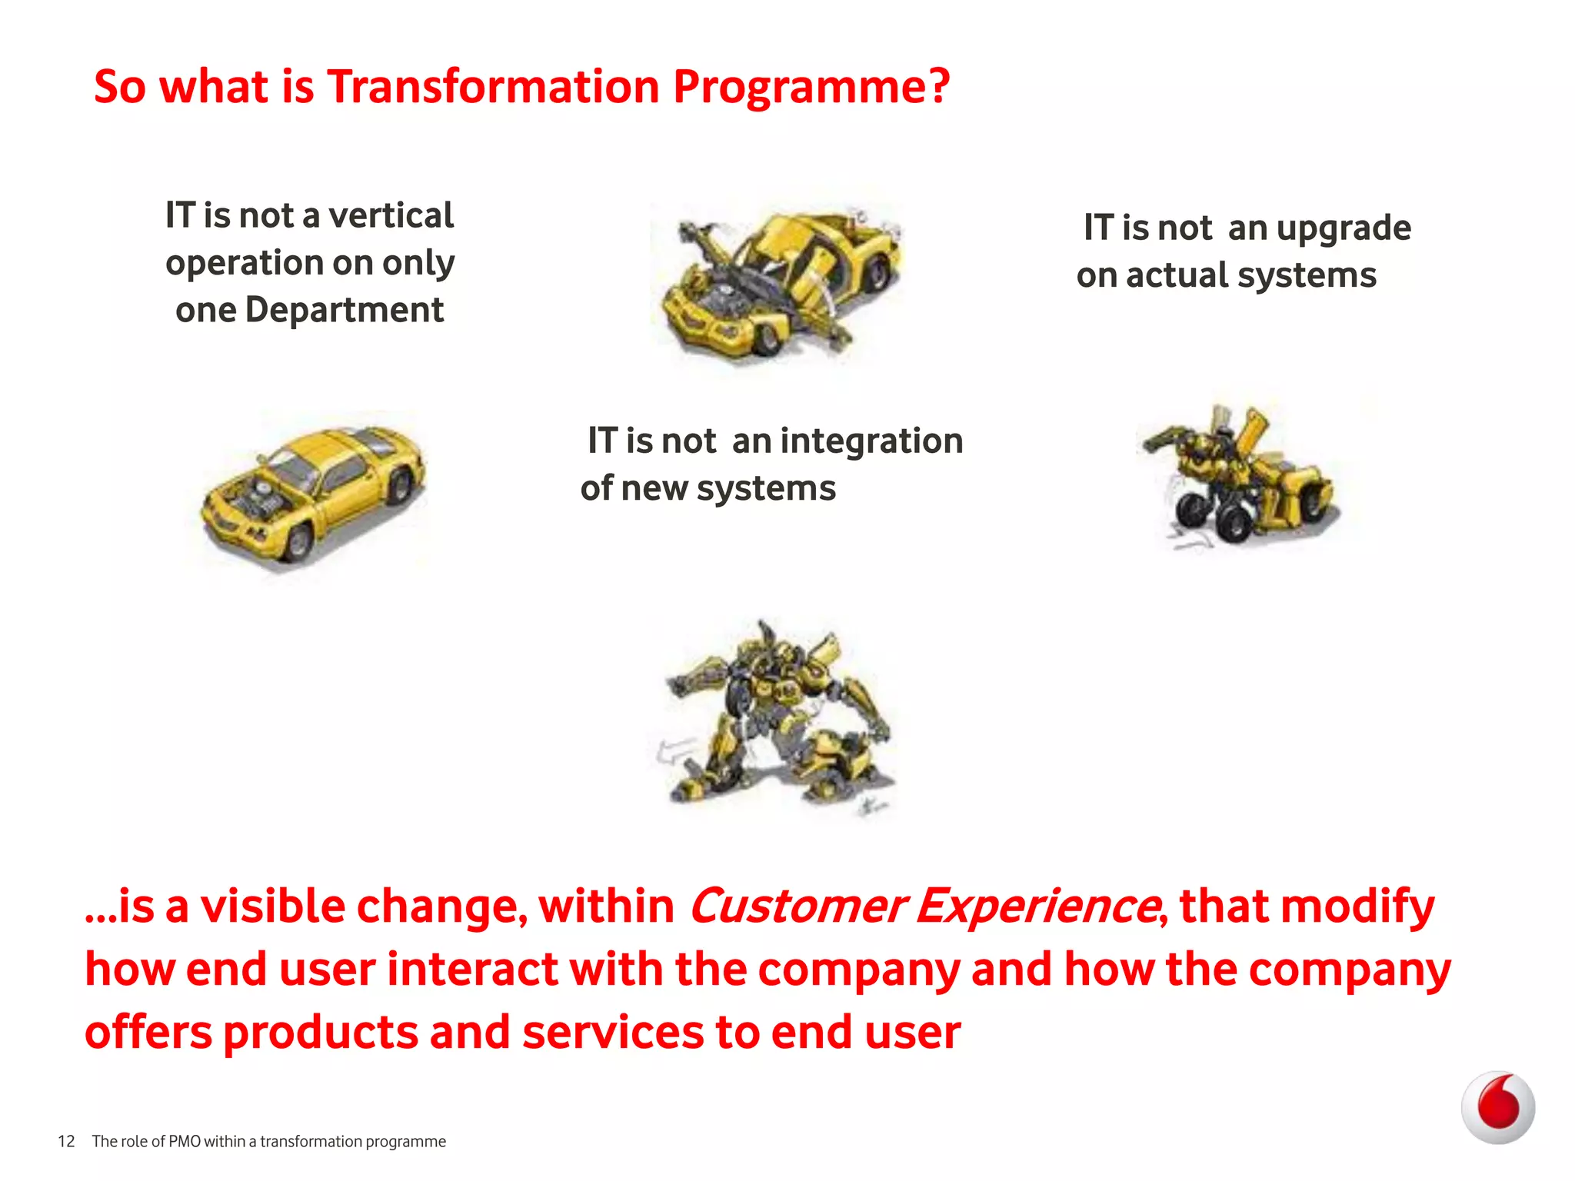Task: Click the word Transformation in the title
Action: point(493,86)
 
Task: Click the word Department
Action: point(344,310)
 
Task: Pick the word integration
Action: point(871,441)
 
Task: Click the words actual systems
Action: point(1251,275)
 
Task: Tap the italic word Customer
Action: point(797,906)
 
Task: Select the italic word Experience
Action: point(1038,906)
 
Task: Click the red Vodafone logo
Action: point(1497,1107)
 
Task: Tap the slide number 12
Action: point(66,1142)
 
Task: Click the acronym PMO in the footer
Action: point(185,1142)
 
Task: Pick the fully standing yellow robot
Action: point(777,719)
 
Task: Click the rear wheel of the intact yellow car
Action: point(400,487)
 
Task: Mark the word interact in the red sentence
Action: point(472,969)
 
